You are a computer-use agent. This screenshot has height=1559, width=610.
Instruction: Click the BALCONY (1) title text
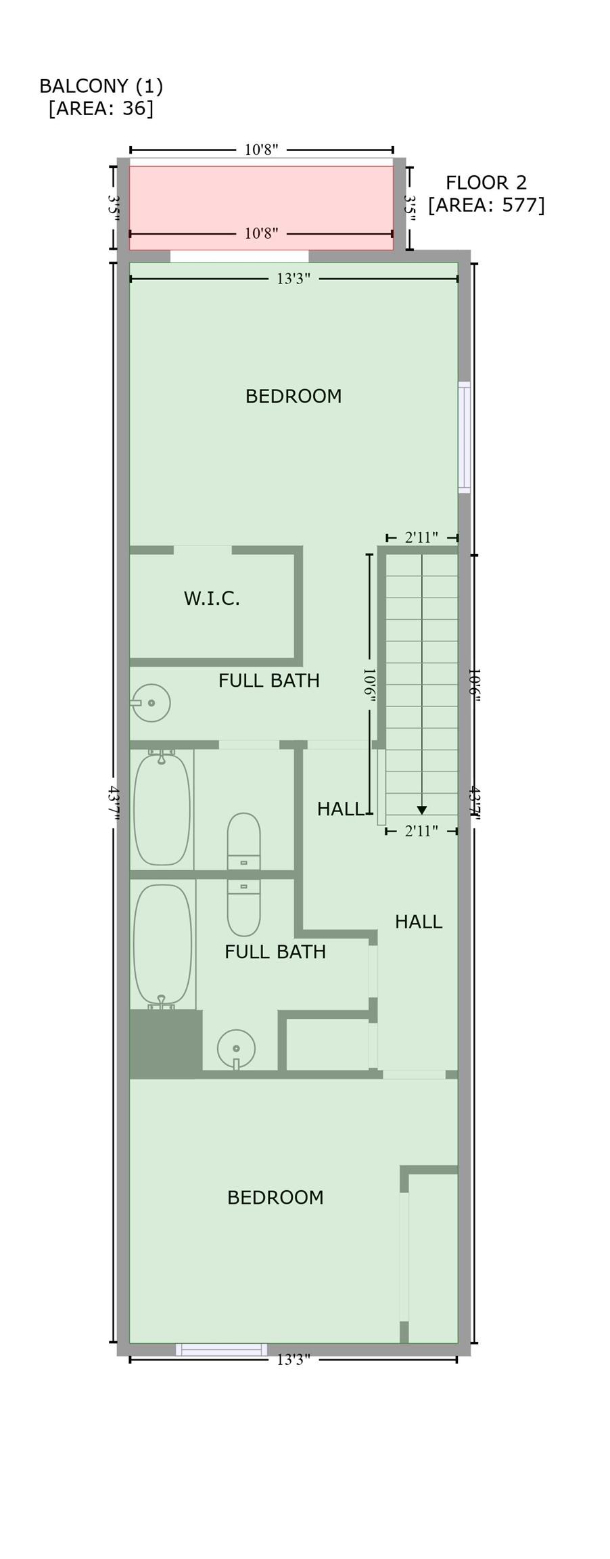(101, 86)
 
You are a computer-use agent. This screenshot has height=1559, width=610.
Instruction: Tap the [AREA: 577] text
(486, 204)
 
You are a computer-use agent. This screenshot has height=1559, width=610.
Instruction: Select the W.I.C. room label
(212, 598)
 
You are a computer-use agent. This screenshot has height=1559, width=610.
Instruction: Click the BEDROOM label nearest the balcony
(294, 396)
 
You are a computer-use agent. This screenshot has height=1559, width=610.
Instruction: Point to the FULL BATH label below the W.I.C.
(269, 681)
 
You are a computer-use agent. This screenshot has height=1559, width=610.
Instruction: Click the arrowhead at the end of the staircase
(422, 810)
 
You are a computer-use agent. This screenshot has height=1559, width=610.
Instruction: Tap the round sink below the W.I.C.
(150, 703)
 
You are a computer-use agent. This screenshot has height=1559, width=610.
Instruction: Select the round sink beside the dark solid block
(236, 1049)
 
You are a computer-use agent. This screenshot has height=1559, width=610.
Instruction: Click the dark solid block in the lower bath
(166, 1044)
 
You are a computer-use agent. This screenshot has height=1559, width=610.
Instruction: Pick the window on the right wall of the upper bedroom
(464, 437)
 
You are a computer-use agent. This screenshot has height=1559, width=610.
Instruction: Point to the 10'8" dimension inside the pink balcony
(261, 233)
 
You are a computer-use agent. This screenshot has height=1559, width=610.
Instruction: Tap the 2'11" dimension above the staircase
(421, 537)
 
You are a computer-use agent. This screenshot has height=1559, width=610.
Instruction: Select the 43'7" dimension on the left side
(114, 803)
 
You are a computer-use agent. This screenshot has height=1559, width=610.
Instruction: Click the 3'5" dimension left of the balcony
(114, 205)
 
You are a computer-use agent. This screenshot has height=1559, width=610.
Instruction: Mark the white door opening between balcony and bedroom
(239, 256)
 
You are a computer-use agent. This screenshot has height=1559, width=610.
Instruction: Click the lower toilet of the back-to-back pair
(243, 907)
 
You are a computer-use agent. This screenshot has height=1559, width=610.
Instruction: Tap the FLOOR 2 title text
(486, 183)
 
